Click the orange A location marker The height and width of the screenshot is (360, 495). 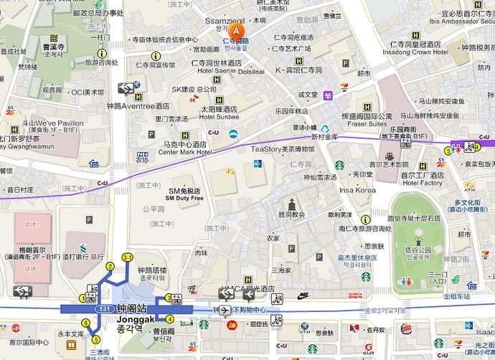click(237, 31)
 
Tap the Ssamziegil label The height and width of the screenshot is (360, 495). click(225, 22)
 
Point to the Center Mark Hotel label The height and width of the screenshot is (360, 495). click(185, 152)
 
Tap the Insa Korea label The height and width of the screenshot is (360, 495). click(357, 190)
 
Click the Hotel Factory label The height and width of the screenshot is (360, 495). click(422, 183)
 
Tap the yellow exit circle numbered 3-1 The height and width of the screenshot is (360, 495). click(128, 257)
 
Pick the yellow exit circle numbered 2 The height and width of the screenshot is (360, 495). click(110, 267)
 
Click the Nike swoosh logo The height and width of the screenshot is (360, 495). click(303, 295)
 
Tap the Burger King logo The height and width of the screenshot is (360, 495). click(406, 329)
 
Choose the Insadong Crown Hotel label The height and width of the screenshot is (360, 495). click(420, 52)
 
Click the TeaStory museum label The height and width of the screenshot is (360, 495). click(283, 148)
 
